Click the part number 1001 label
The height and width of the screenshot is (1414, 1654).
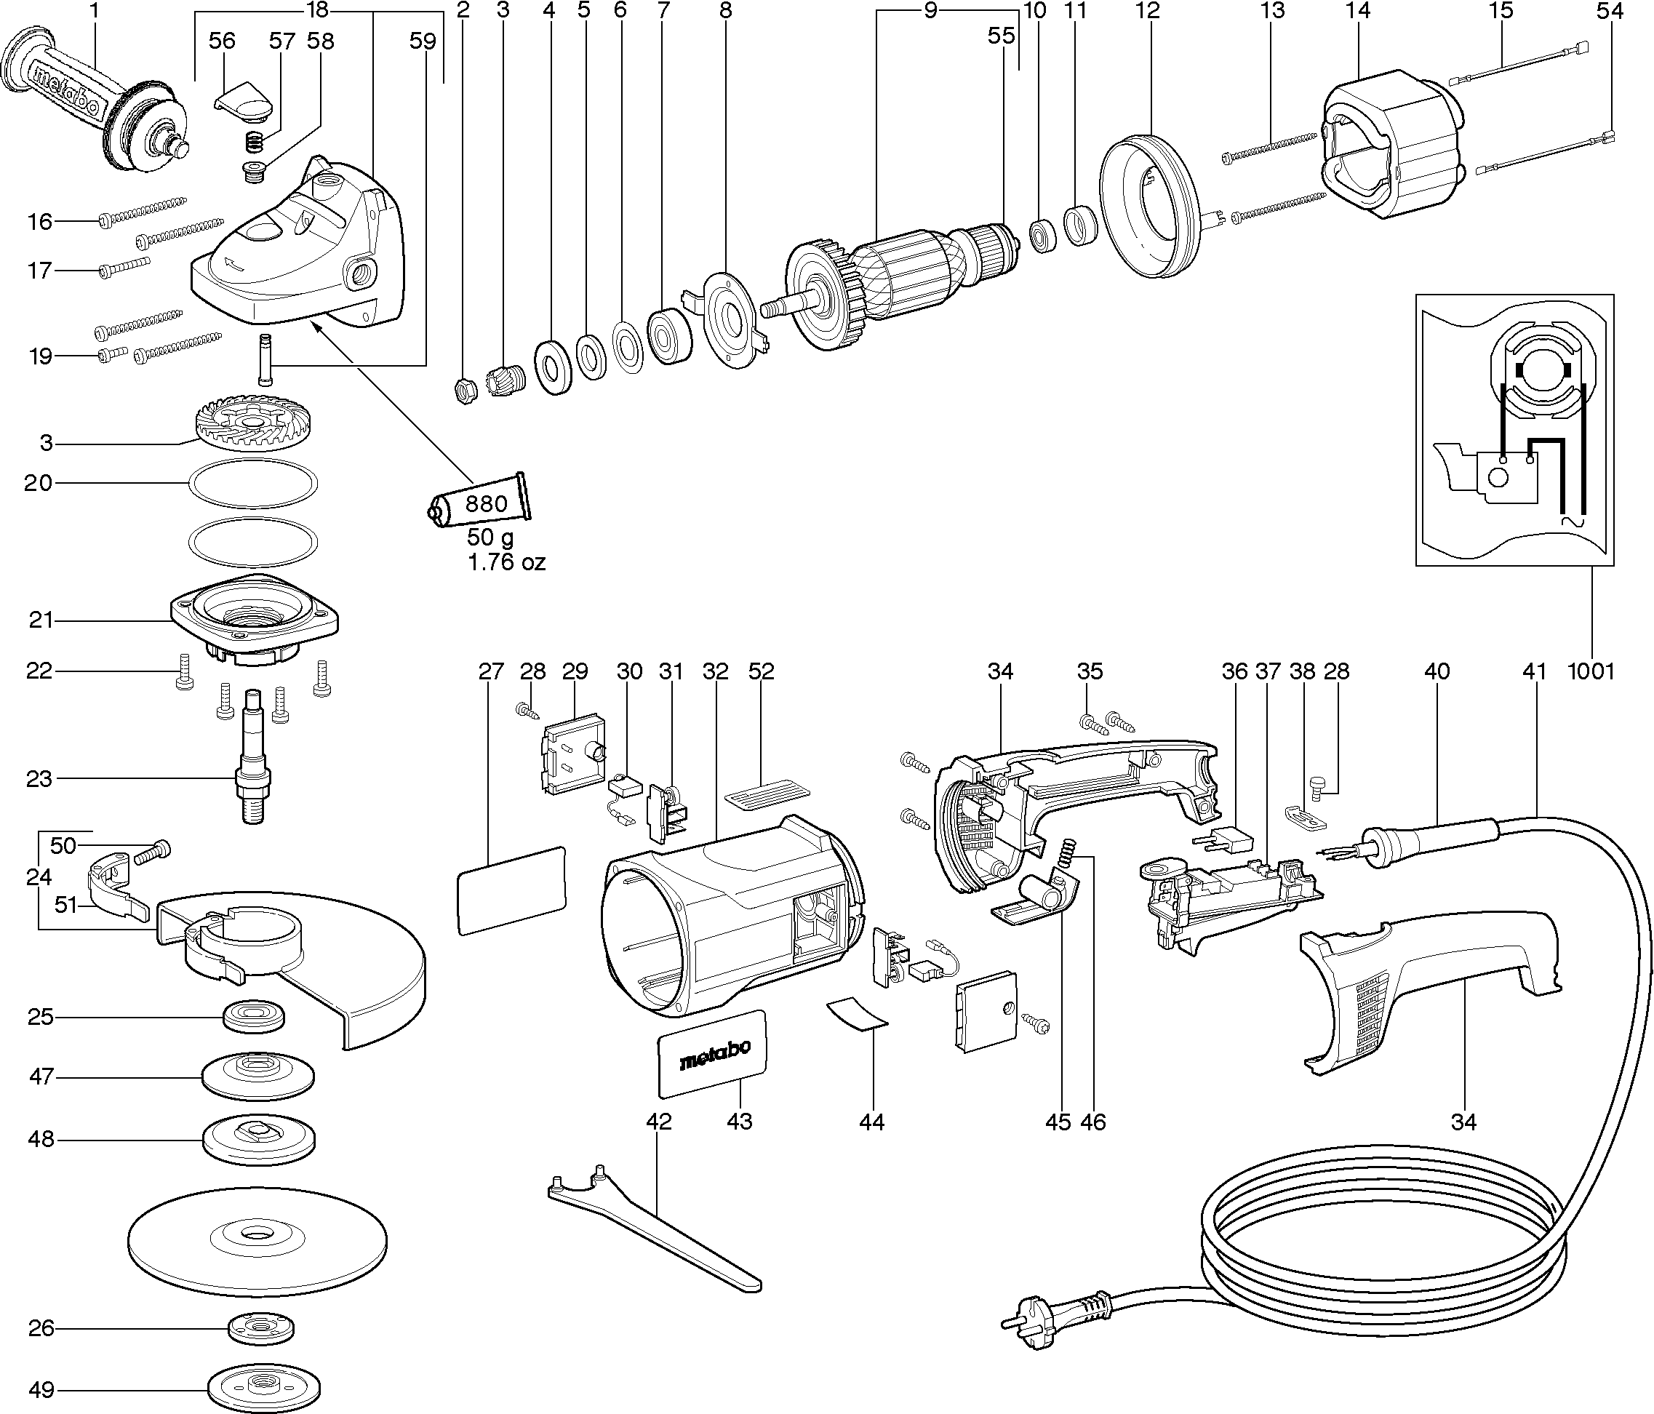click(1591, 671)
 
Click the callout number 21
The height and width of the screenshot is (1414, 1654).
click(41, 620)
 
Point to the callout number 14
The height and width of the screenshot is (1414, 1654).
click(1357, 11)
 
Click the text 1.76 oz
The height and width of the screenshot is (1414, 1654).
click(506, 563)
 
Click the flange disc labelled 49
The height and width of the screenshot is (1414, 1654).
click(263, 1389)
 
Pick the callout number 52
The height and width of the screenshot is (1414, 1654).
click(761, 671)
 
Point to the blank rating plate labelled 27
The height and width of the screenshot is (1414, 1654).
click(511, 890)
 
